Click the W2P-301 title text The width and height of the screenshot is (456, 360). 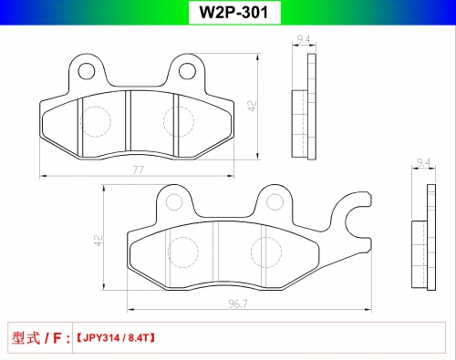point(233,12)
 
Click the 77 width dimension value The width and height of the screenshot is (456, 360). point(138,170)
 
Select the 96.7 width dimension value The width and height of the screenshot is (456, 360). point(238,303)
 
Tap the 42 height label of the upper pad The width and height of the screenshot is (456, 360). point(253,106)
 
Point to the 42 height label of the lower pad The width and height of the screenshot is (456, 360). point(98,240)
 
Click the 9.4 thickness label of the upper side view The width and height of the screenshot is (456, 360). point(304,39)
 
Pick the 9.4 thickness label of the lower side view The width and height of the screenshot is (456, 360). point(423,163)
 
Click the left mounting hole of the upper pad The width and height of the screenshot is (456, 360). point(87,71)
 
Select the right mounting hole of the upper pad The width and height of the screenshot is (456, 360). point(187,71)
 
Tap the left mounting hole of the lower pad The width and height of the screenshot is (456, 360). point(174,202)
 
